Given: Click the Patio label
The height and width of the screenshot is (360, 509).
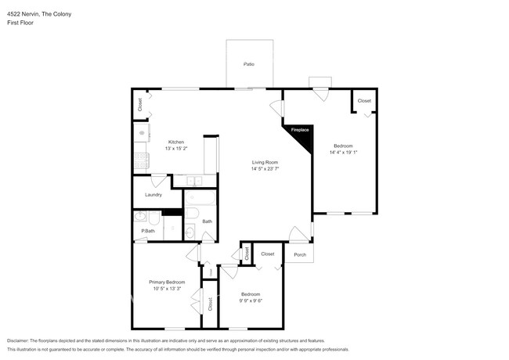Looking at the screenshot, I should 249,64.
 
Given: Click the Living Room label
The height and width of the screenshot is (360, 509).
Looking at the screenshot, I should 265,162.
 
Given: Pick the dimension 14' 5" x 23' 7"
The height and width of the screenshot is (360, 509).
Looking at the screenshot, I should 265,168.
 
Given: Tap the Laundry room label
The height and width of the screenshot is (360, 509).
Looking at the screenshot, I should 153,195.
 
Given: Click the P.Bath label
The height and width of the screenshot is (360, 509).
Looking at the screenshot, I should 146,231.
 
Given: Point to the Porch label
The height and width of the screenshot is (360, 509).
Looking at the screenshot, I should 299,254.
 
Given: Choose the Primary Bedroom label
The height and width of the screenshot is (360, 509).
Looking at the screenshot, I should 167,282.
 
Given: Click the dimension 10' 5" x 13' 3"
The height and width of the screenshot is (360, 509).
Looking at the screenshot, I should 167,288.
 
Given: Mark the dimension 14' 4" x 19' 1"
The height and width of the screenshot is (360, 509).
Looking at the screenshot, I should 343,153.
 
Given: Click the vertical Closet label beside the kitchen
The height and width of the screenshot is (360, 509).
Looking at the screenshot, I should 140,105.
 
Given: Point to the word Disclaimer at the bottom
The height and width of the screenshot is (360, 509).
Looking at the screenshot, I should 20,341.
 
